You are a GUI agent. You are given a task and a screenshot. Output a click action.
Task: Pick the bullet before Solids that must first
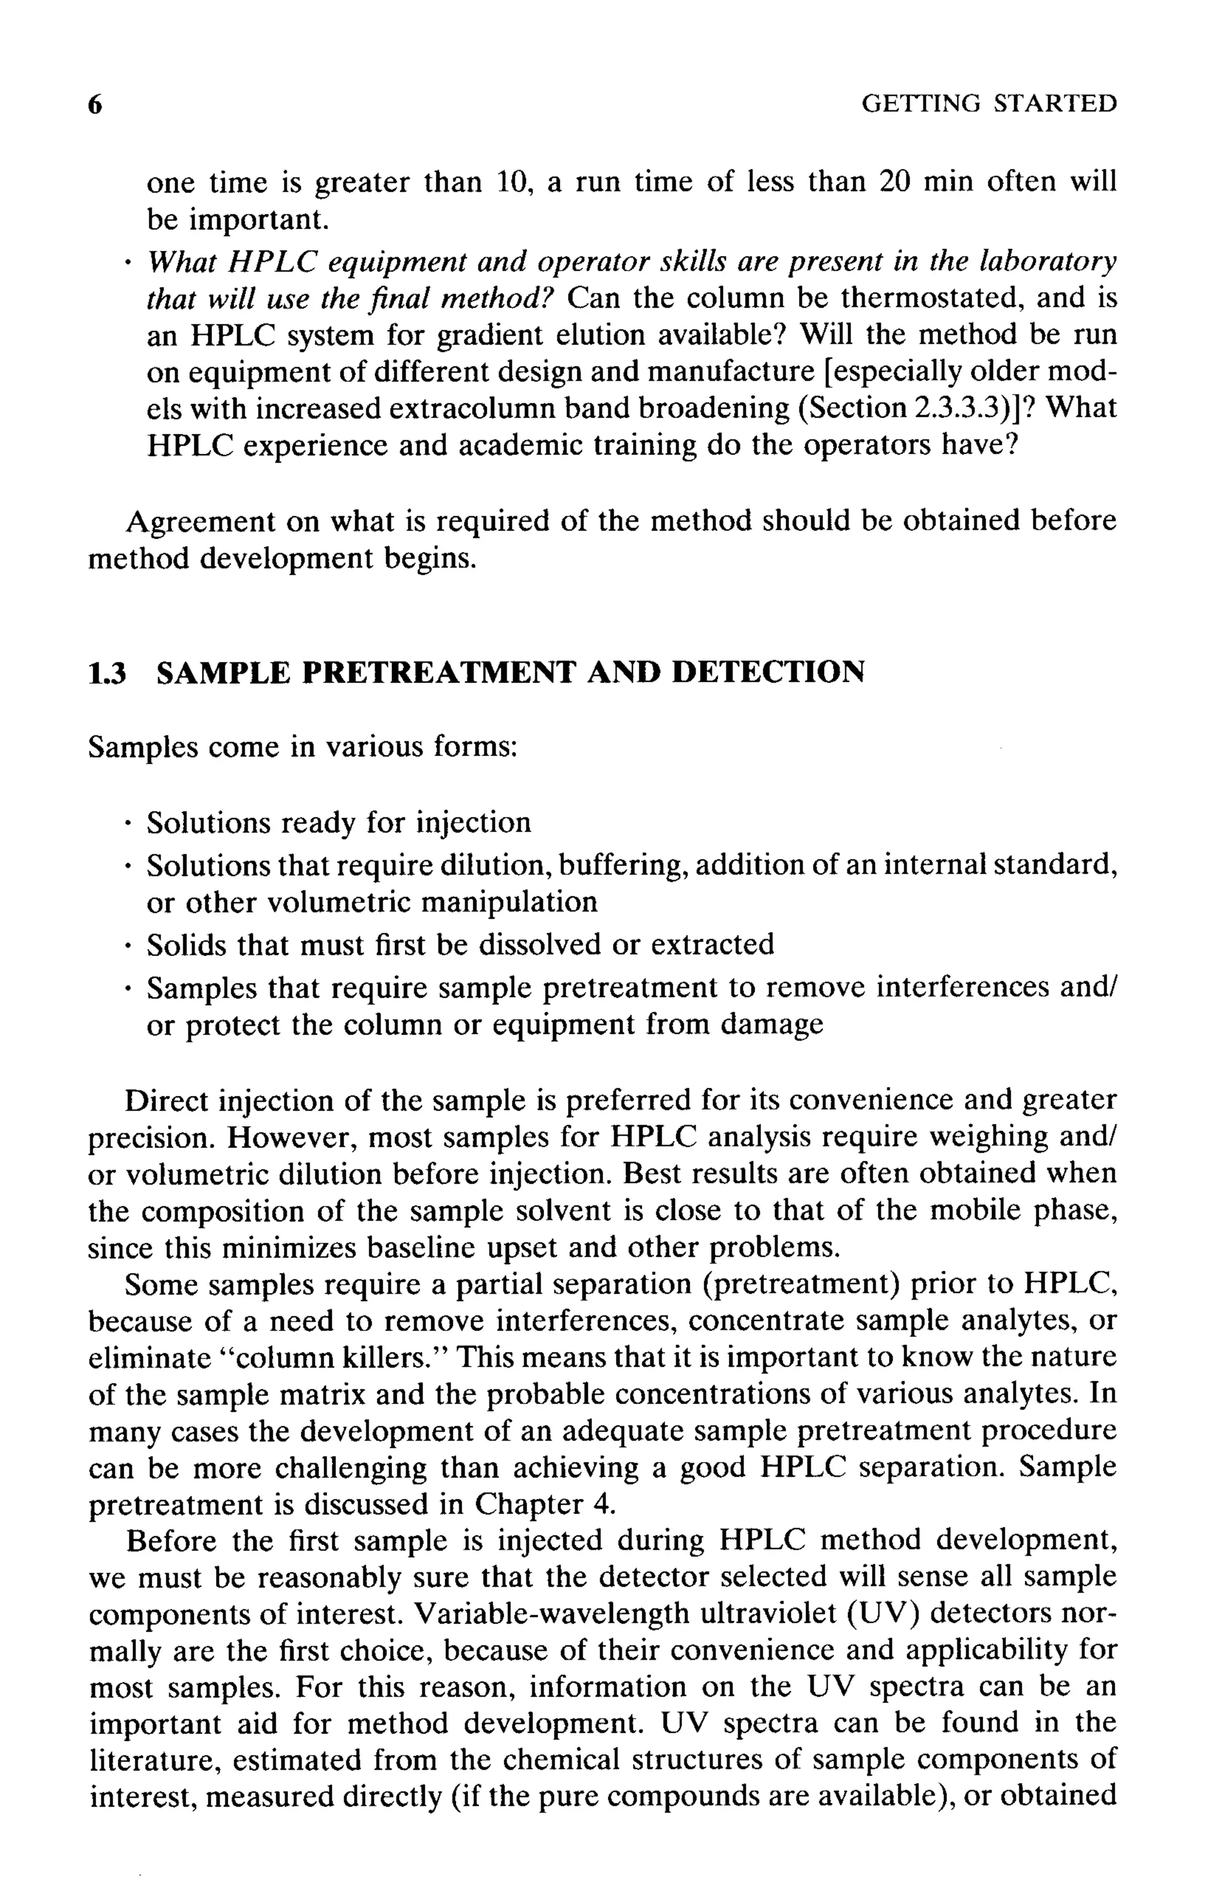[127, 946]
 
